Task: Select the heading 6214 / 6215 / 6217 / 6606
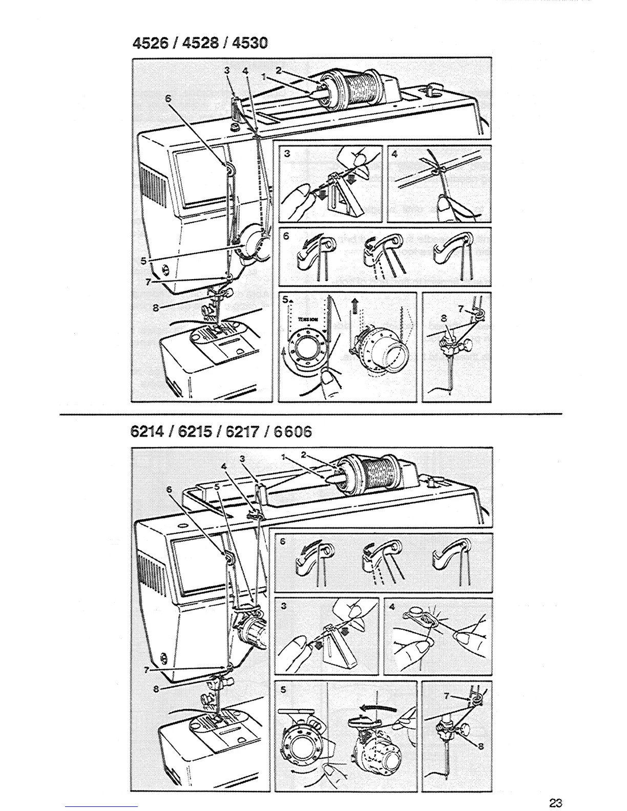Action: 221,432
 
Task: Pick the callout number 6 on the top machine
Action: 168,100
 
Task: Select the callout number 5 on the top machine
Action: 144,261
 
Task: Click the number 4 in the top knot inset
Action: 394,153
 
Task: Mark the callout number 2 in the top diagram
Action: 279,71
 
